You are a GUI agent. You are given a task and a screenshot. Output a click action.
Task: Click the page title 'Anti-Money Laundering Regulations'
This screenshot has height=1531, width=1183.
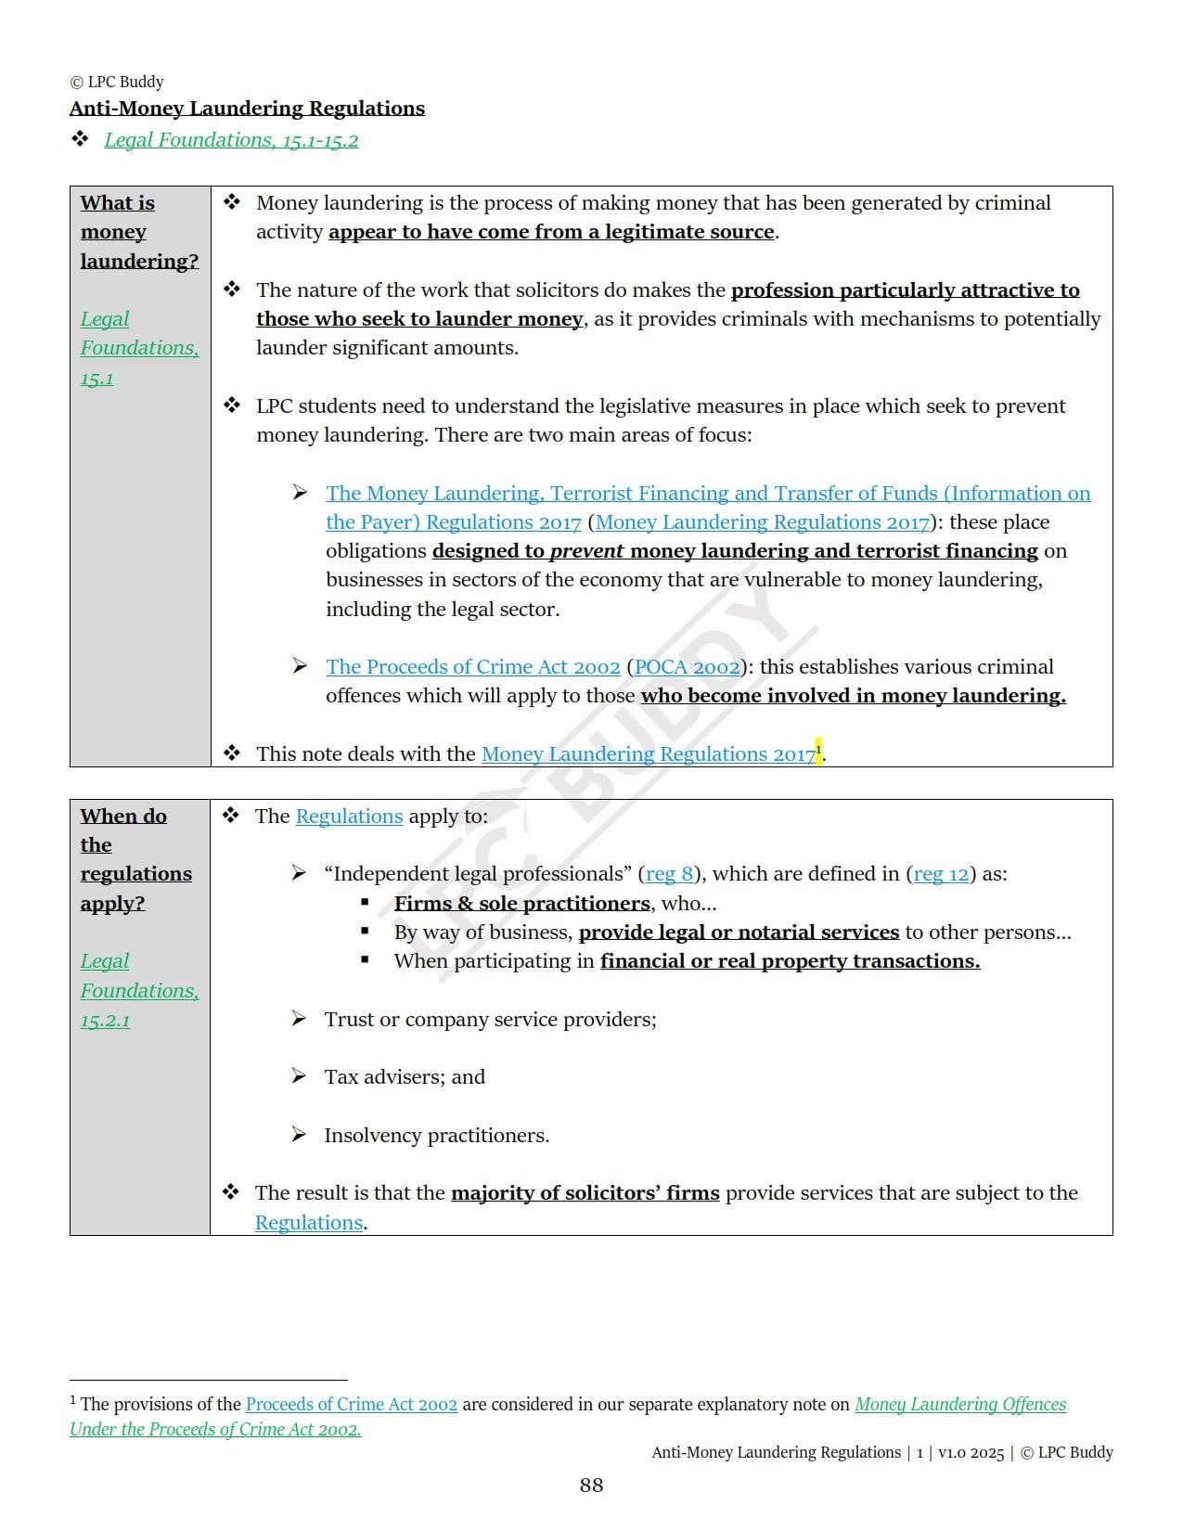(247, 109)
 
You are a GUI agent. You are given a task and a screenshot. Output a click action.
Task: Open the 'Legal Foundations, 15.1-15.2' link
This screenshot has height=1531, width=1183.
(231, 140)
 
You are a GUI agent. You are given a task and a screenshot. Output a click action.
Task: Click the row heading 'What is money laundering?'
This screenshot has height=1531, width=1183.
(138, 232)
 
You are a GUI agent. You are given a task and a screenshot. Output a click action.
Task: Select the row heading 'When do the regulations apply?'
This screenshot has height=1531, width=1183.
(135, 859)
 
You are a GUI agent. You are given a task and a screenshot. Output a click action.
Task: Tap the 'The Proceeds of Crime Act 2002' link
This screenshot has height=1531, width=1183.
(472, 667)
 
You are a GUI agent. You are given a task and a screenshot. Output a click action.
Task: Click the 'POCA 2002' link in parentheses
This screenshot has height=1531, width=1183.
(687, 667)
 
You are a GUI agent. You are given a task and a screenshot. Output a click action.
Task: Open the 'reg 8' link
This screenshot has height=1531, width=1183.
(669, 874)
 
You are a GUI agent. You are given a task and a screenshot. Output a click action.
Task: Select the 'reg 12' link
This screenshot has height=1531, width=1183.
(941, 874)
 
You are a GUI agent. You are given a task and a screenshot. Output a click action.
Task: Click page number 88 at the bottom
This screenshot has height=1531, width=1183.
(591, 1486)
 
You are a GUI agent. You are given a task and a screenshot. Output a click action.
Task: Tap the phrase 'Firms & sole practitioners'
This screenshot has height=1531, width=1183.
(521, 904)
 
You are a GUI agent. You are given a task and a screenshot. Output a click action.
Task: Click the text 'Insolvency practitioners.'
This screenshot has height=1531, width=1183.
(436, 1136)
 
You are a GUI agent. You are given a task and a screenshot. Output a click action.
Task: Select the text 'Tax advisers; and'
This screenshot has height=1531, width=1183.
(405, 1077)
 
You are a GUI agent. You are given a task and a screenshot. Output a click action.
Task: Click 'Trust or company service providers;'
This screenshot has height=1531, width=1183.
(490, 1020)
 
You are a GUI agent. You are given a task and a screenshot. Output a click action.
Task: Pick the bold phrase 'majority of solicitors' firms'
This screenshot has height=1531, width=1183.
(585, 1193)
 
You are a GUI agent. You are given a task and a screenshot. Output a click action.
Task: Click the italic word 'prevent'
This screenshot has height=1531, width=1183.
(586, 551)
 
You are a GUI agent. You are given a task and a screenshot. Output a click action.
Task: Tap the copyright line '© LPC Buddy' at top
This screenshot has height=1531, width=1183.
(117, 82)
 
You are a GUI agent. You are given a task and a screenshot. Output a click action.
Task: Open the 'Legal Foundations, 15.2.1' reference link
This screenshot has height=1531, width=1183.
(139, 991)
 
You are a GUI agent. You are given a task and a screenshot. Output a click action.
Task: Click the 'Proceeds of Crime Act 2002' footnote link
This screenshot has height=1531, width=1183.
(352, 1405)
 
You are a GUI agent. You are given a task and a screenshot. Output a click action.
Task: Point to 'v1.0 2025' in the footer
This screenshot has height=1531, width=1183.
(971, 1453)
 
